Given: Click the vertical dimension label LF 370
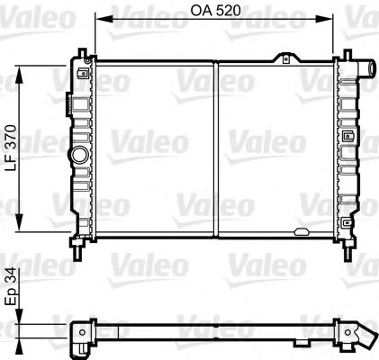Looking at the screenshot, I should click(x=10, y=148).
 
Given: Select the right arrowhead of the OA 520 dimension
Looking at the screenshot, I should click(x=329, y=20).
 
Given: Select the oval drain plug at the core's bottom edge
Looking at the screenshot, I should click(x=301, y=234).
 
